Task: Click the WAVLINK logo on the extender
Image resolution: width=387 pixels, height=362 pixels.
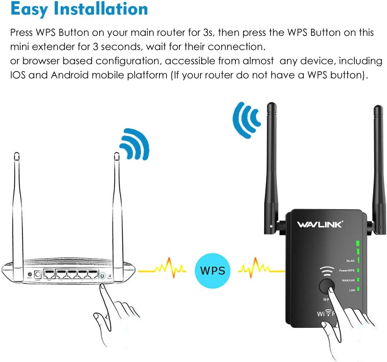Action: [x=320, y=225]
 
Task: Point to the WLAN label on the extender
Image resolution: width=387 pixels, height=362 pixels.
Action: [x=350, y=261]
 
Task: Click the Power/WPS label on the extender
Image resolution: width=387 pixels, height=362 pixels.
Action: [x=347, y=270]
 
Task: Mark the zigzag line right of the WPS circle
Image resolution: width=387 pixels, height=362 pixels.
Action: [x=257, y=270]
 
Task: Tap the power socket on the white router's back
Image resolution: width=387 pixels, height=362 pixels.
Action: [x=39, y=275]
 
